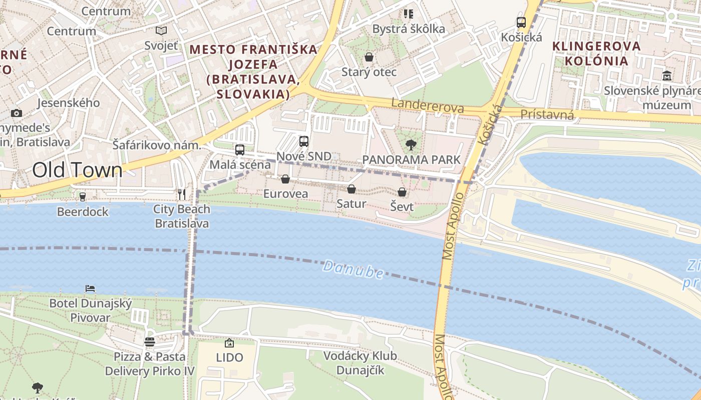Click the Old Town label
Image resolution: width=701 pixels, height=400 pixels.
[x=77, y=170]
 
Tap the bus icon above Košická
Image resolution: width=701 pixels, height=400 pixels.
[x=521, y=22]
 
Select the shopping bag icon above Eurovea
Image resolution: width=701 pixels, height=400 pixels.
[x=285, y=179]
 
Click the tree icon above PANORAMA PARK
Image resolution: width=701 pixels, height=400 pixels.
[x=411, y=145]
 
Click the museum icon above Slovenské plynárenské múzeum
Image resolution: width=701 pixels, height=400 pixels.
[x=667, y=76]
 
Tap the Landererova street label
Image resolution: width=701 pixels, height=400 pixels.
[x=427, y=105]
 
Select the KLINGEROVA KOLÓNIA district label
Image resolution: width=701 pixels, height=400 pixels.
[x=596, y=53]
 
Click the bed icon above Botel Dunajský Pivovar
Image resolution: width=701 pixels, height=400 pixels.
[x=90, y=288]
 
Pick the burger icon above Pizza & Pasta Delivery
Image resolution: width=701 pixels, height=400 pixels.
[x=149, y=342]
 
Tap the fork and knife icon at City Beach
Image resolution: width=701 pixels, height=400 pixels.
[x=182, y=194]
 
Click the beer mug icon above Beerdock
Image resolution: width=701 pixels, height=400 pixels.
[x=83, y=197]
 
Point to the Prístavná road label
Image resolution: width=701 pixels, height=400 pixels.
[x=547, y=114]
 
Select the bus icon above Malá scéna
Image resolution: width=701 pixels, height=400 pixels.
[x=240, y=149]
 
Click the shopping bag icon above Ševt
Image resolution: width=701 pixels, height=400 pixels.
[x=402, y=192]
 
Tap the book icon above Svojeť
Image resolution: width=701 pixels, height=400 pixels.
[x=161, y=30]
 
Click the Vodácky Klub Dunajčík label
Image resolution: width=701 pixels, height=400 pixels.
[x=360, y=363]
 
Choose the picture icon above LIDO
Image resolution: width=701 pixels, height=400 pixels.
[x=229, y=343]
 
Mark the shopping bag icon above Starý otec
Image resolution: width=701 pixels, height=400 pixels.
[x=369, y=57]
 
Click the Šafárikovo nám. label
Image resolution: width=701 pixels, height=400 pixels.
[x=156, y=145]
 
